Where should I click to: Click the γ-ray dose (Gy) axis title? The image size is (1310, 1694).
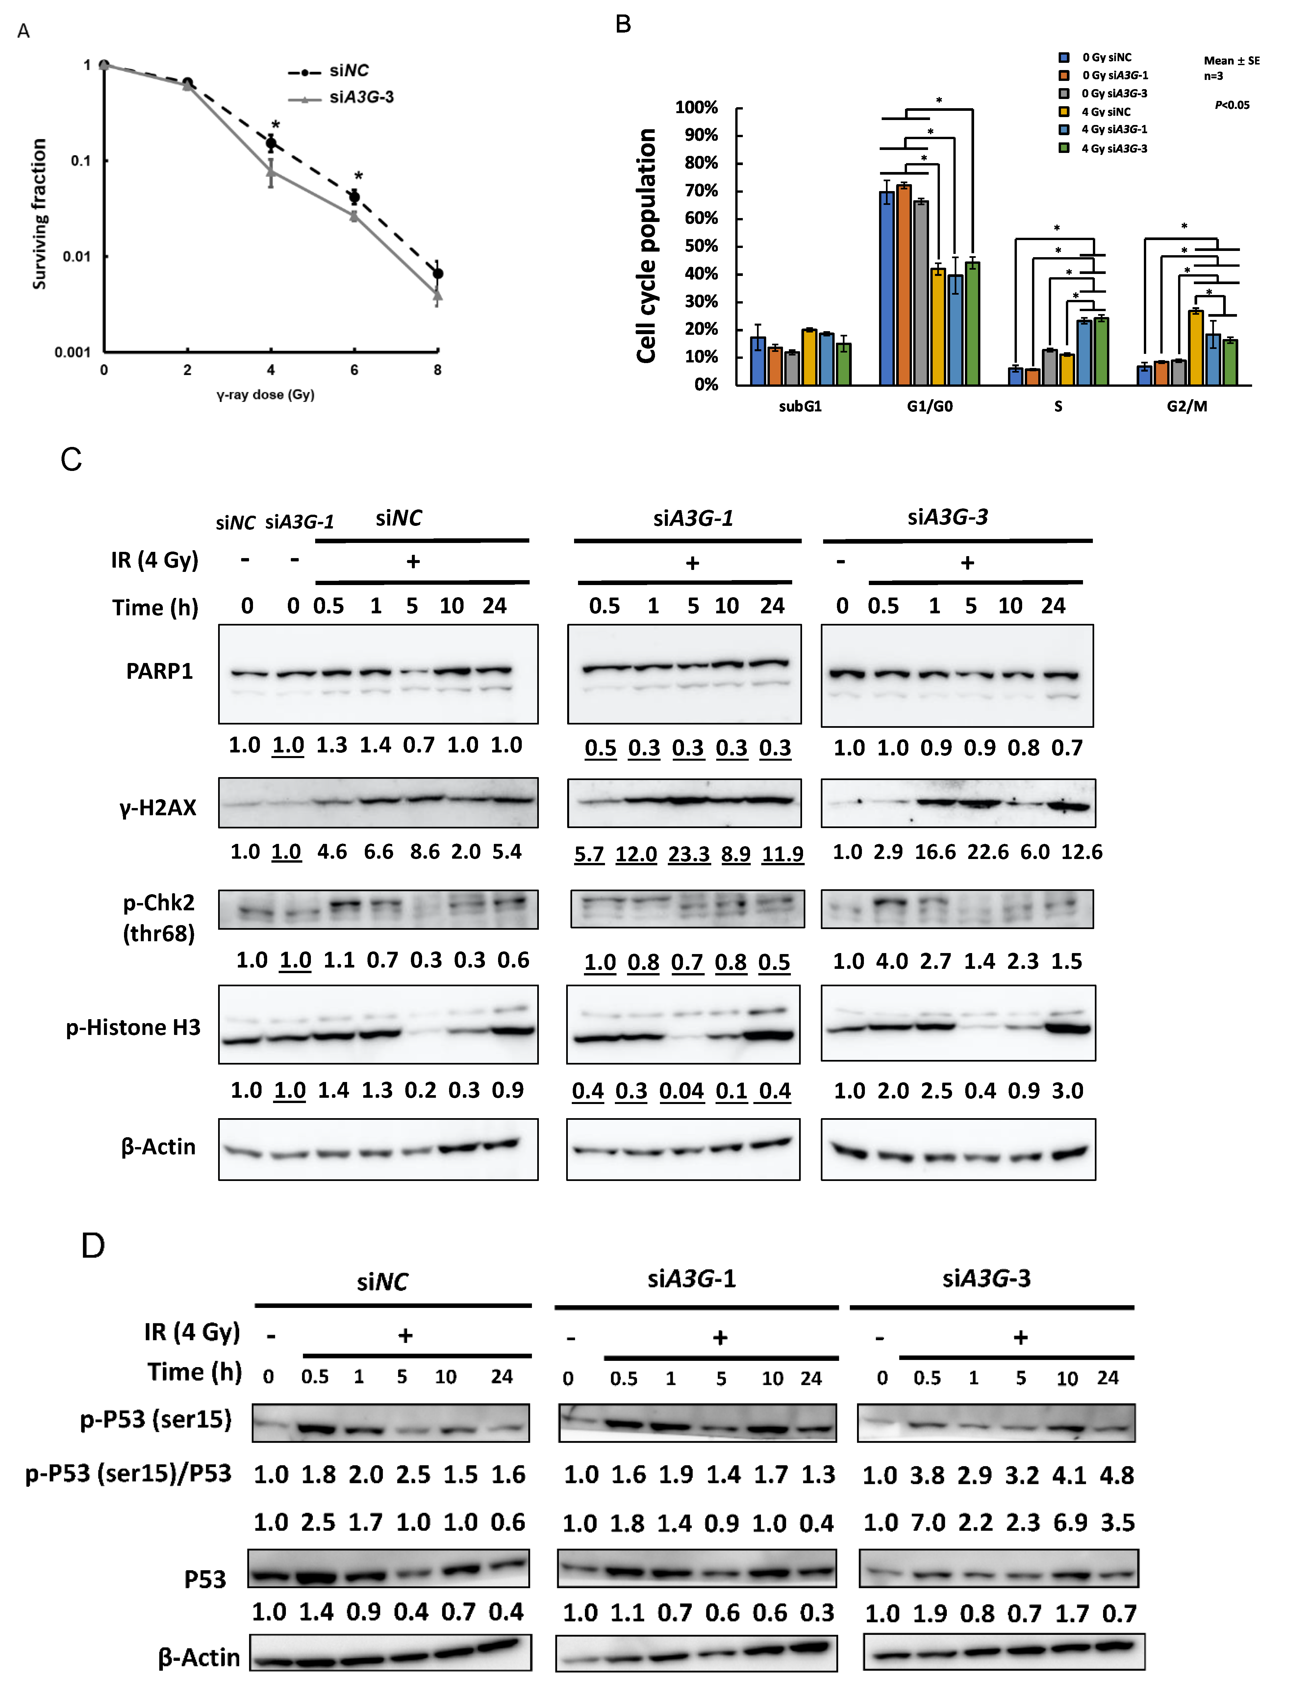(265, 395)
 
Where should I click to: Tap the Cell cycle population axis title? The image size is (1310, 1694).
(646, 246)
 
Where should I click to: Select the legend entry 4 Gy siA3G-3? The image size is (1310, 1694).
(1114, 148)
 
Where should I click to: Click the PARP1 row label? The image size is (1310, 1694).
(159, 671)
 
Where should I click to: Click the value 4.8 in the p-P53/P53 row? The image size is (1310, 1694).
(1117, 1475)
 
